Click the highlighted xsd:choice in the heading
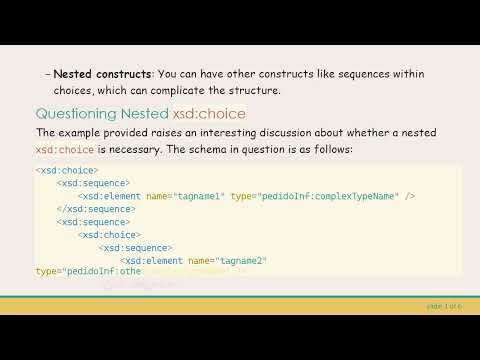(209, 113)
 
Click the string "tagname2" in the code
(239, 261)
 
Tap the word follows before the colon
(333, 149)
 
